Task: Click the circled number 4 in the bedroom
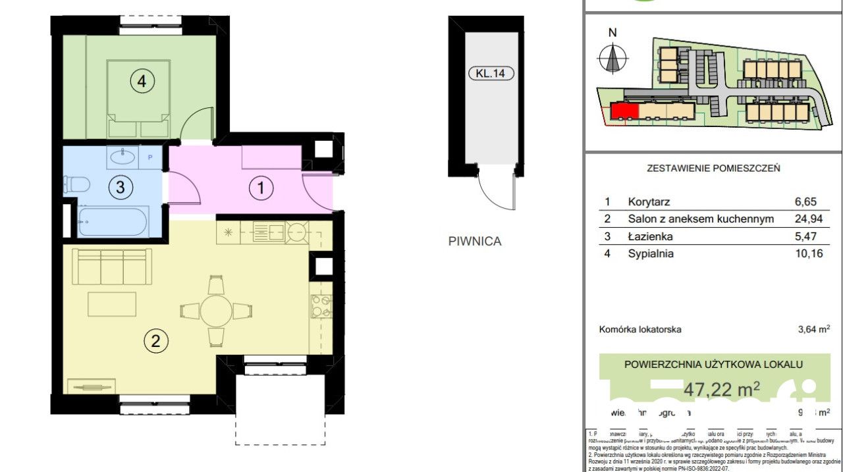[x=142, y=82]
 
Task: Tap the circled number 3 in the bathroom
[x=120, y=187]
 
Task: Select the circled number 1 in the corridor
[x=261, y=189]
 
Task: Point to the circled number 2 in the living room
[x=155, y=341]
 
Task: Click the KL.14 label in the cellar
[x=490, y=74]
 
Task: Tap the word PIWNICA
[x=474, y=242]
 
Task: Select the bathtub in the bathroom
[x=113, y=222]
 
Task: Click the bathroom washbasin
[x=123, y=157]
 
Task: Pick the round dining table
[x=216, y=310]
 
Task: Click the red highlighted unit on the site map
[x=624, y=111]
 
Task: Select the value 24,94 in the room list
[x=809, y=219]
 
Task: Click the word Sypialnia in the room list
[x=651, y=253]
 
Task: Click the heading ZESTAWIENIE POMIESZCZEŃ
[x=713, y=168]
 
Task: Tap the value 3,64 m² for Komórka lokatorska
[x=813, y=330]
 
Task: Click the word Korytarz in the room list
[x=649, y=202]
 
